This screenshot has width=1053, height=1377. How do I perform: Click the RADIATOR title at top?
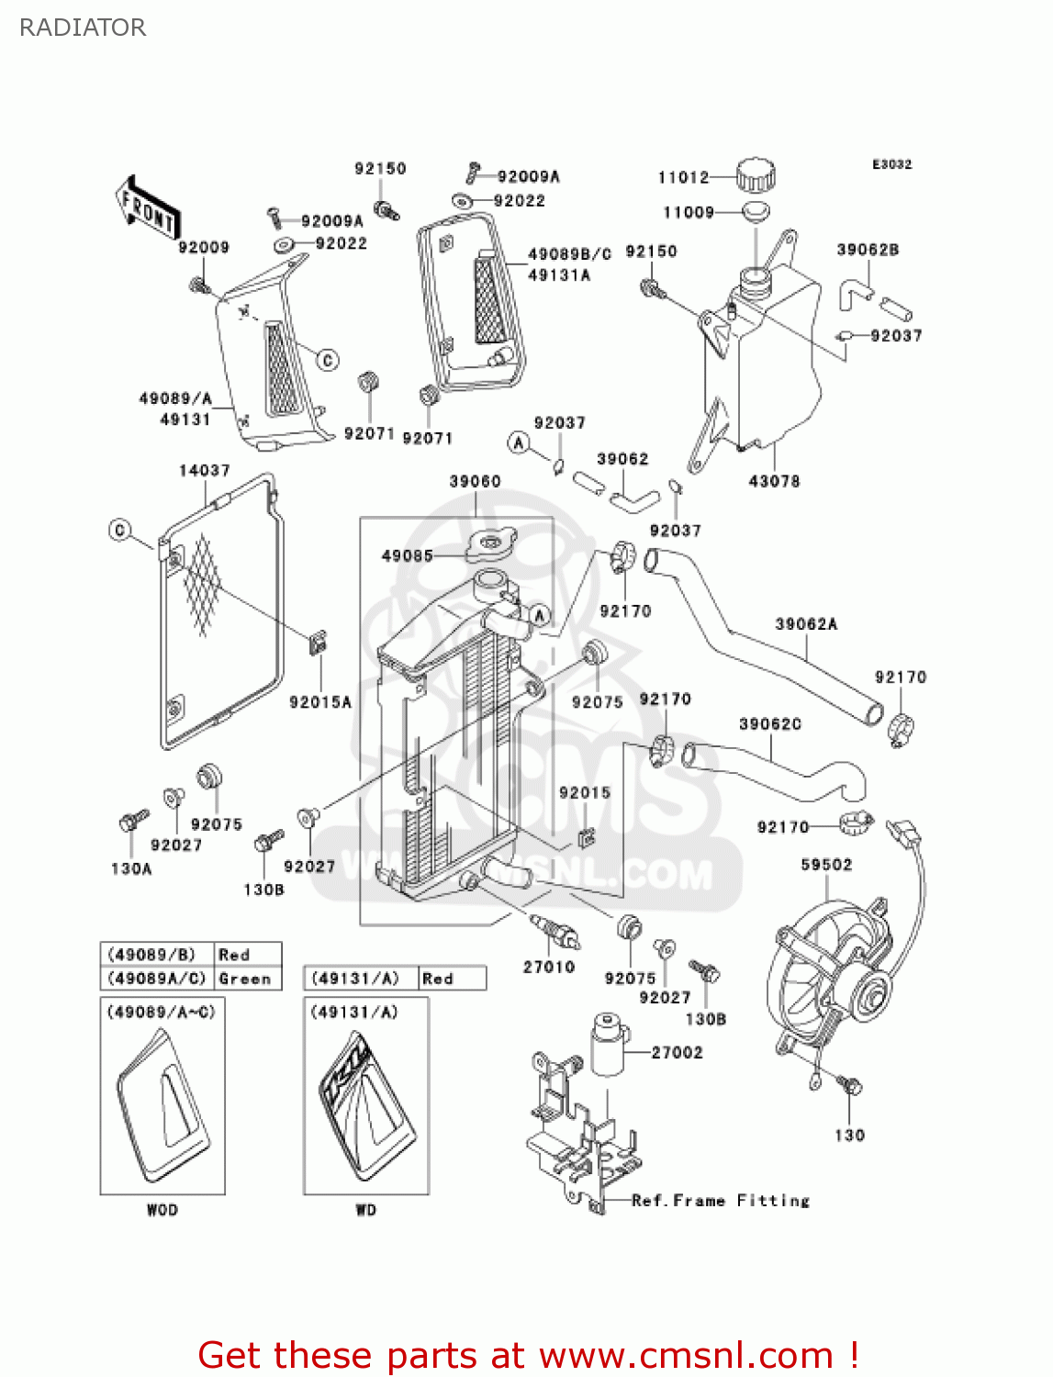(x=83, y=28)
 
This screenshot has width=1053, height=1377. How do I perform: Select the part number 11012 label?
(x=683, y=177)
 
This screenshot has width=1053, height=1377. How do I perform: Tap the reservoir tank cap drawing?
(x=756, y=174)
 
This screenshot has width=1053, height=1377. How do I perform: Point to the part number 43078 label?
(x=774, y=481)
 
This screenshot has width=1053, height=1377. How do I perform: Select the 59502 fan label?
(x=826, y=865)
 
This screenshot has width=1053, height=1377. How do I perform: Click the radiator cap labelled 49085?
(x=491, y=547)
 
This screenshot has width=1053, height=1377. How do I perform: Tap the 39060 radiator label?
(x=475, y=482)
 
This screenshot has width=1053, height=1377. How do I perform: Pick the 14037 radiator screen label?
(x=204, y=470)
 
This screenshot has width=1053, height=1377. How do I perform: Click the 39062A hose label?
(x=806, y=624)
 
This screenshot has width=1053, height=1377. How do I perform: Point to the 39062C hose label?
(x=769, y=724)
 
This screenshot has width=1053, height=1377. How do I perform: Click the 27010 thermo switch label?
(x=548, y=967)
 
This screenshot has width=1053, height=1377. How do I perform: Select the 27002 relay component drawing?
(x=608, y=1044)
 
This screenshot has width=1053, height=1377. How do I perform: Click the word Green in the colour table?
(x=245, y=979)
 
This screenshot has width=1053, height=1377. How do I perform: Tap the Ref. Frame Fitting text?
(x=721, y=1201)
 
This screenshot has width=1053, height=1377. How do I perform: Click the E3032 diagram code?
(x=891, y=164)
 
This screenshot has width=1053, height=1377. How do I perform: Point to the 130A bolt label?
(x=131, y=868)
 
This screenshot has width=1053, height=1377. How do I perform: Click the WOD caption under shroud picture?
(x=162, y=1210)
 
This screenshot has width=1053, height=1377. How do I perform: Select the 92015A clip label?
(x=320, y=702)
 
